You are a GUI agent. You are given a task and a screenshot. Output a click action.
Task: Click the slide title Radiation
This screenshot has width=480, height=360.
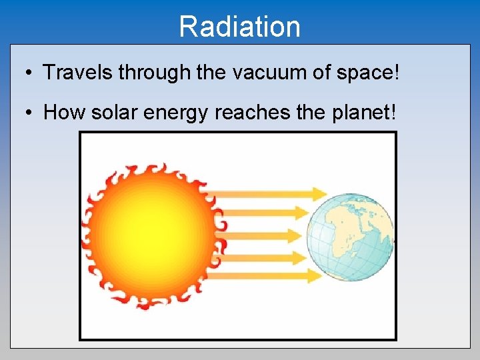click(239, 27)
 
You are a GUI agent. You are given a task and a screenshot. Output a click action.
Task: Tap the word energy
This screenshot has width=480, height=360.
click(178, 113)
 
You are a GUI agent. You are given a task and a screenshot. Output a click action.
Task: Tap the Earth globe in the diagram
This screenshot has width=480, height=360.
click(350, 237)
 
